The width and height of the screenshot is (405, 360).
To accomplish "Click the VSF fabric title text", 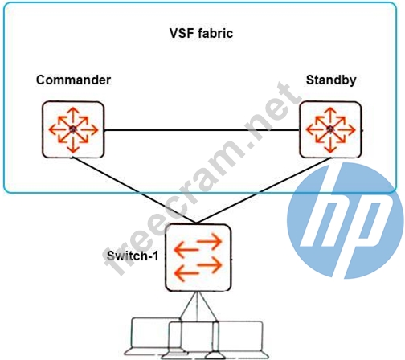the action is tap(201, 33).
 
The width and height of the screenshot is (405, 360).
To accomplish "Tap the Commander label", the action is tap(73, 80).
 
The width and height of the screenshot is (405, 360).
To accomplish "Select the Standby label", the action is tap(331, 80).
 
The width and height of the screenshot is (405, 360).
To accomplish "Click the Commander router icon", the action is tap(73, 129).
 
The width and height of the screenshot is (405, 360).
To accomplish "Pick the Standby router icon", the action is tap(330, 129).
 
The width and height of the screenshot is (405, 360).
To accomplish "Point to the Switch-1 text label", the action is tap(133, 256).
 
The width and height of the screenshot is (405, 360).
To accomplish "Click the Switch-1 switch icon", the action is tap(198, 258).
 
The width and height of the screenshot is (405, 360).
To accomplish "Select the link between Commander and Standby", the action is tap(202, 130).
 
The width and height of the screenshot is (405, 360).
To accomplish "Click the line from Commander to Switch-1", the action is tap(135, 190).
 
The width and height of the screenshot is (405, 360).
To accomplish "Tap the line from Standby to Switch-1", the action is tap(264, 190).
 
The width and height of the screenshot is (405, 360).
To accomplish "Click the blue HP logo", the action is tap(346, 220).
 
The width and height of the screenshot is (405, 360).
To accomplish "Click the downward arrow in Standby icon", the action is tap(330, 144).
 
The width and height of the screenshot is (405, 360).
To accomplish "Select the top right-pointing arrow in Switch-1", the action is tap(209, 241).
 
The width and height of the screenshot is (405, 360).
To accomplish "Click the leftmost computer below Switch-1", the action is tap(155, 336).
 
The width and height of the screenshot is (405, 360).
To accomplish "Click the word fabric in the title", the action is tap(215, 33).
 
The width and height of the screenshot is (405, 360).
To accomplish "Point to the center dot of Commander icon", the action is tap(73, 129).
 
